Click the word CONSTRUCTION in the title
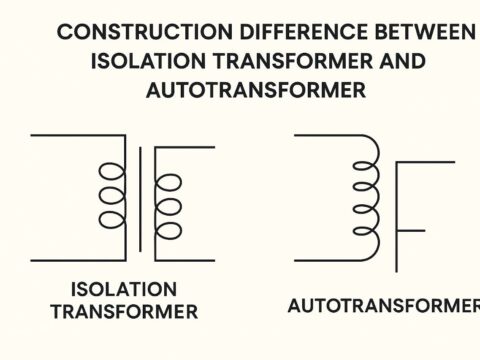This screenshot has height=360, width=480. pos(112,32)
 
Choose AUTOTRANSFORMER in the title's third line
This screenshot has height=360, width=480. pos(255,90)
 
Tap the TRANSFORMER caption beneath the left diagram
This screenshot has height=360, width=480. pos(124,312)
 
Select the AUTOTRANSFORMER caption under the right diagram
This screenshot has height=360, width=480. pos(383,305)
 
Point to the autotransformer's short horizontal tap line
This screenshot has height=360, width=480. pos(411,232)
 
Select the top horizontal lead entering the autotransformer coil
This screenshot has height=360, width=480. pos(325,134)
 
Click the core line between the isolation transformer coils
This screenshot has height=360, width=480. pos(140,199)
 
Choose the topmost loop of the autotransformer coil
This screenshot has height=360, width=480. pos(369,149)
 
